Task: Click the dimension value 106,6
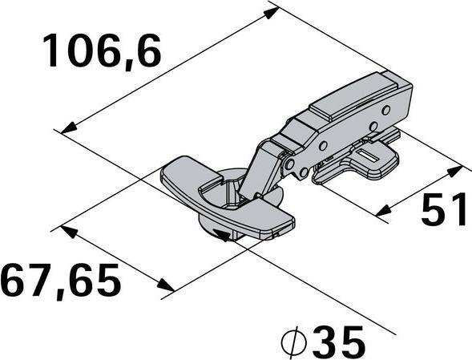point(103,52)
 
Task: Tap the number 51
point(445,211)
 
